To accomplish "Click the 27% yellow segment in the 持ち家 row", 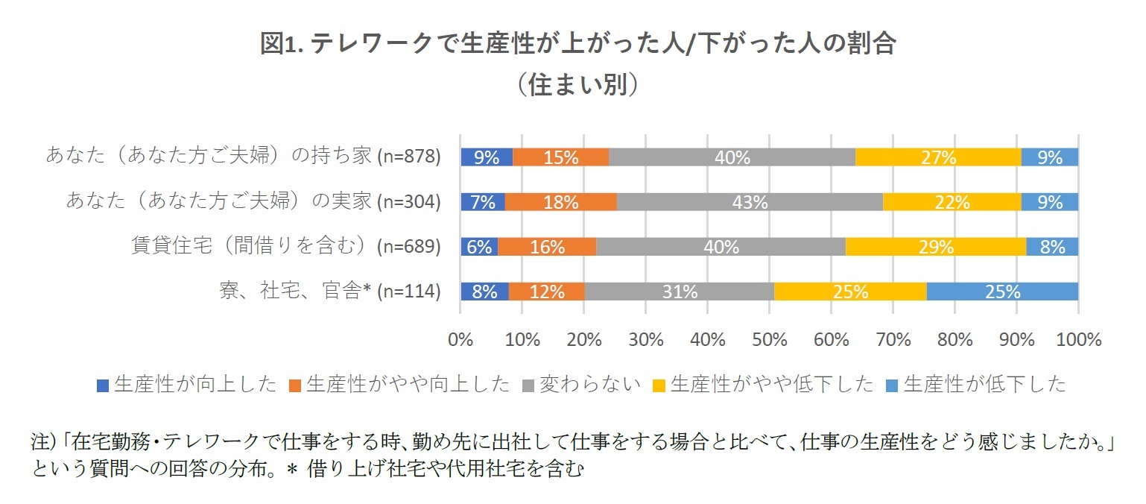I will click(937, 157).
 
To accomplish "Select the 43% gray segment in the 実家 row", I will click(750, 202).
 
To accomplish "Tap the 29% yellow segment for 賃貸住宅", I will click(936, 247).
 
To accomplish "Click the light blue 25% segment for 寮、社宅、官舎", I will click(1002, 292).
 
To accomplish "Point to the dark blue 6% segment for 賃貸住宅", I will click(479, 247).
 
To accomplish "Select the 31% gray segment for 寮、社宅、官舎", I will click(679, 292).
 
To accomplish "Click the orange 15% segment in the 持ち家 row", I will click(560, 157).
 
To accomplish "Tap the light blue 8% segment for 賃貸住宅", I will click(1052, 247).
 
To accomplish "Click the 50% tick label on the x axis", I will click(770, 340).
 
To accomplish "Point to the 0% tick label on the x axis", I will click(461, 340).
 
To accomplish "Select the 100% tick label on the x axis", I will click(1077, 340).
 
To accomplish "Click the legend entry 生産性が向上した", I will click(187, 385).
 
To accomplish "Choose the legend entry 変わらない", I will click(582, 385).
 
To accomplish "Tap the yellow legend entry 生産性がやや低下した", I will click(763, 385).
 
